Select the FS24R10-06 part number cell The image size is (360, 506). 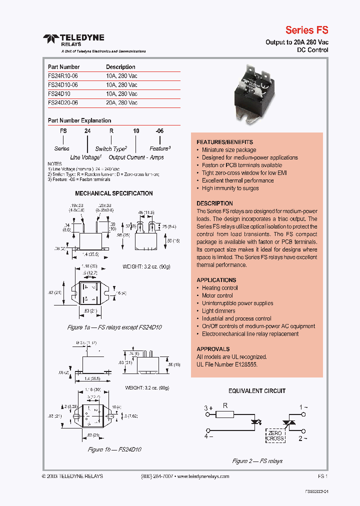63,75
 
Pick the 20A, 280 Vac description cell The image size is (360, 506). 121,102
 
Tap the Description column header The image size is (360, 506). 120,66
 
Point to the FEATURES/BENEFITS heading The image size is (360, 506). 224,142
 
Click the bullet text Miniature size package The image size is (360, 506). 229,149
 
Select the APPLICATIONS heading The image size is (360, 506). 216,280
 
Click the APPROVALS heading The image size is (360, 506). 213,349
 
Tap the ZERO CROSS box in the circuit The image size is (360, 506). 275,435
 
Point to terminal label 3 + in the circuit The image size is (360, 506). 208,408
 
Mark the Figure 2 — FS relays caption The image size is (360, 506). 257,461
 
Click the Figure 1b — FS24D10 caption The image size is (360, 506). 114,449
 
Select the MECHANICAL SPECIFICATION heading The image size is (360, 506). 114,193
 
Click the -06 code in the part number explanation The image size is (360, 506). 159,130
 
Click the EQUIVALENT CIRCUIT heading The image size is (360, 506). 257,391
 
